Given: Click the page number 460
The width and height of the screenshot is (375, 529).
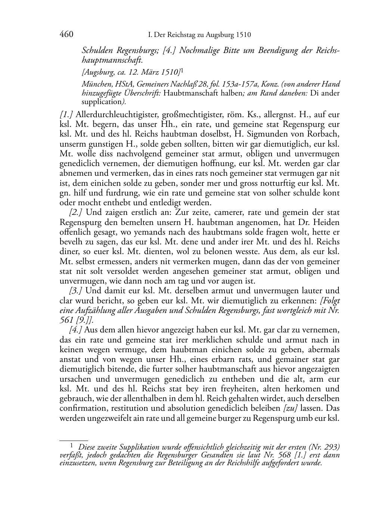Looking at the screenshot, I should click(66, 35).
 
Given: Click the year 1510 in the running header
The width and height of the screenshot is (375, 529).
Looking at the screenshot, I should click(243, 35).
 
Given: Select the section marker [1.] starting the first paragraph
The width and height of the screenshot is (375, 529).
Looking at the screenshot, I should click(66, 115).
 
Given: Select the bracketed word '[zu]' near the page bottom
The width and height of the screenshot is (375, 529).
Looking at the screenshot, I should click(291, 408).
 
